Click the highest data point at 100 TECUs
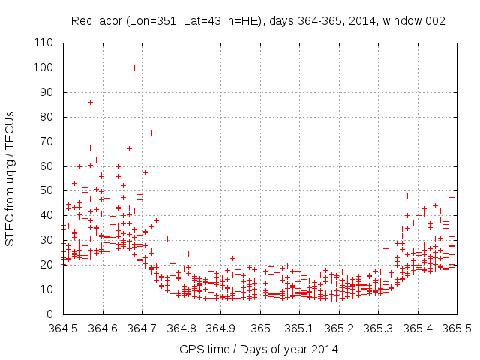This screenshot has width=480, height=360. click(134, 67)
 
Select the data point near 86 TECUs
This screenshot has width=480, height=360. click(90, 102)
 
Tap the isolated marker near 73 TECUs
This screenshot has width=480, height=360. click(151, 133)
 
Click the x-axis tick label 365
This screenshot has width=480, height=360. click(260, 328)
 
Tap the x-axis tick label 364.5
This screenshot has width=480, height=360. click(64, 328)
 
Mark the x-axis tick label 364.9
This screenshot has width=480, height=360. click(220, 328)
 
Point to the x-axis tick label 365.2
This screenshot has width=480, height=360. click(338, 328)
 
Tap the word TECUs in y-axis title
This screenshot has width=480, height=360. click(10, 124)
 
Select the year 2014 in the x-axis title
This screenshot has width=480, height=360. click(324, 349)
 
